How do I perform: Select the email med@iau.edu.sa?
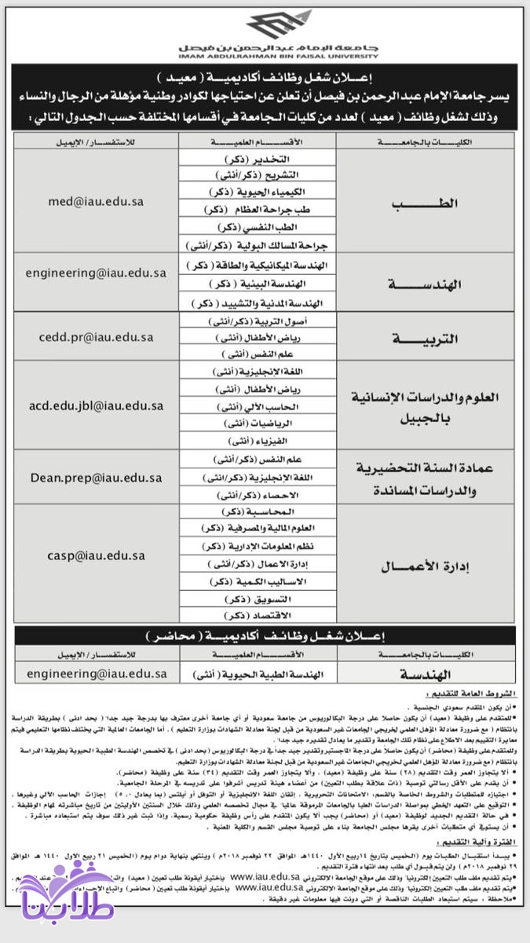tap(94, 201)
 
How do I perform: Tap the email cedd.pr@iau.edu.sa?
tap(95, 337)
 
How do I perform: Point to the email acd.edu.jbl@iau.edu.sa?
tap(96, 405)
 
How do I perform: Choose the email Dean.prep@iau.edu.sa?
tap(96, 477)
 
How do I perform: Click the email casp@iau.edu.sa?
tap(95, 555)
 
